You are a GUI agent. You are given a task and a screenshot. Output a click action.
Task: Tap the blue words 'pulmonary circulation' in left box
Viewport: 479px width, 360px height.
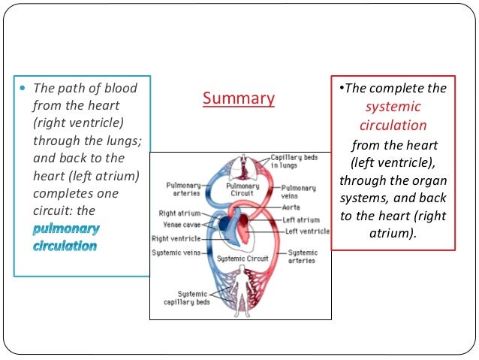coord(66,236)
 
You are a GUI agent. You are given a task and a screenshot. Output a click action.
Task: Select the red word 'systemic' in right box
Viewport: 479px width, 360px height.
coord(392,107)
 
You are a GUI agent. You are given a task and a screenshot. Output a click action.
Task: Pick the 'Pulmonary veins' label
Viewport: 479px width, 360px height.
coord(298,192)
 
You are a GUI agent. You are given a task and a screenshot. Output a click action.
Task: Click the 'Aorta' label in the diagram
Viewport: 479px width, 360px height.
coord(292,207)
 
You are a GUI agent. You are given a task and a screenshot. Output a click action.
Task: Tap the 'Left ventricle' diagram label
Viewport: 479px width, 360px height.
coord(307,231)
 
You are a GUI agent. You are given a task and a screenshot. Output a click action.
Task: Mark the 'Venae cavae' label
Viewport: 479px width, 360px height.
coord(181,224)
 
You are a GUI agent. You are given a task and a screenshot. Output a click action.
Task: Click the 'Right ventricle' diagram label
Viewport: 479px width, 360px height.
coord(176,238)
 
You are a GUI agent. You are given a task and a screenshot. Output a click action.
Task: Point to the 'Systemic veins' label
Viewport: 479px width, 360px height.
coord(176,253)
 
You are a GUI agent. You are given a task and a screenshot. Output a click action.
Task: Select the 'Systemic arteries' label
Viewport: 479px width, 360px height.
coord(303,257)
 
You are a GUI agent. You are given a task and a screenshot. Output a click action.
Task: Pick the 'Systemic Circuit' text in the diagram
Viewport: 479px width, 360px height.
coord(239,259)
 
